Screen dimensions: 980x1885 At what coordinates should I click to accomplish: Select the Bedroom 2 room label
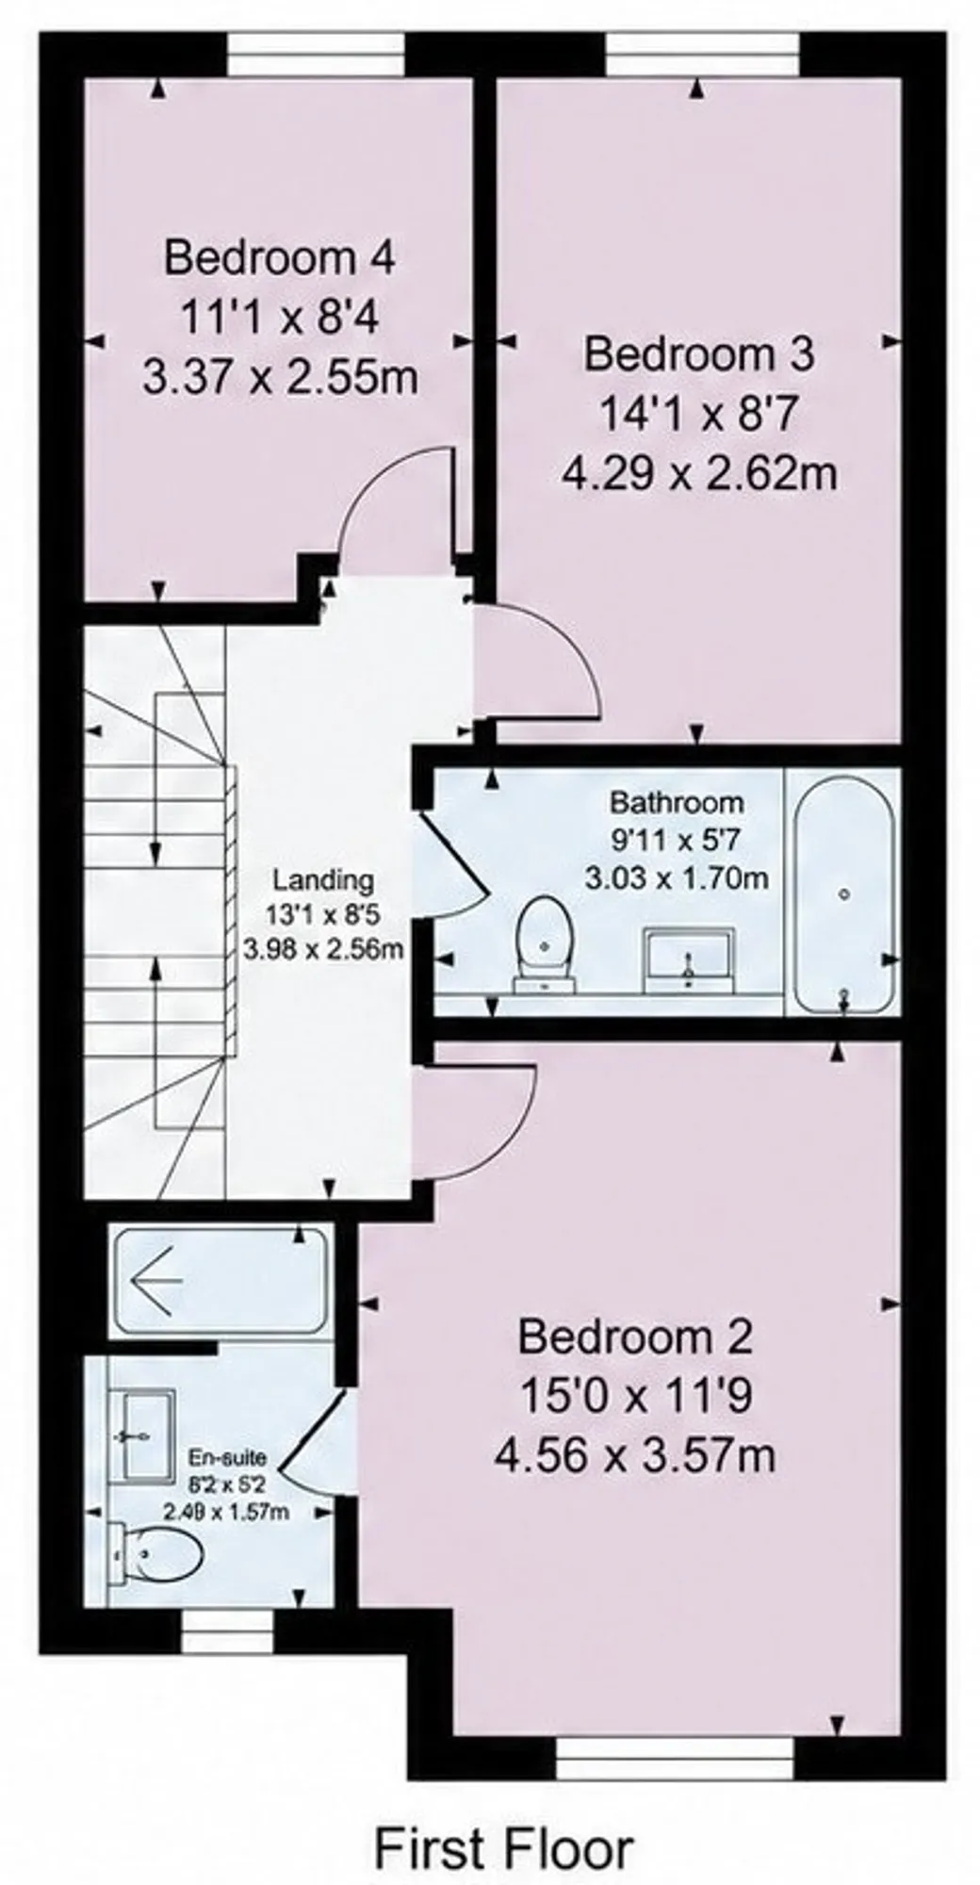[636, 1336]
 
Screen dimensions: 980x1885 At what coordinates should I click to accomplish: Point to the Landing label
[323, 880]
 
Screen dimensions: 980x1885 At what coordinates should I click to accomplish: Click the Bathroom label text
[677, 803]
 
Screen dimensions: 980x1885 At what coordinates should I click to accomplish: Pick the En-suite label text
[228, 1458]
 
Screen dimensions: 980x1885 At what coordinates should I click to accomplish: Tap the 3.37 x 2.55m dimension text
[280, 379]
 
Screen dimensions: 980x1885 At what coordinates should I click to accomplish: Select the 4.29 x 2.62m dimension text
[699, 475]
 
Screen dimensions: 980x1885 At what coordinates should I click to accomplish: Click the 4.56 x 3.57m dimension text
[636, 1457]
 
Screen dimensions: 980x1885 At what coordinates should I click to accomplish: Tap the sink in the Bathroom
[689, 959]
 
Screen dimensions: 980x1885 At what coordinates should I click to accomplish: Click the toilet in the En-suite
[155, 1551]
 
